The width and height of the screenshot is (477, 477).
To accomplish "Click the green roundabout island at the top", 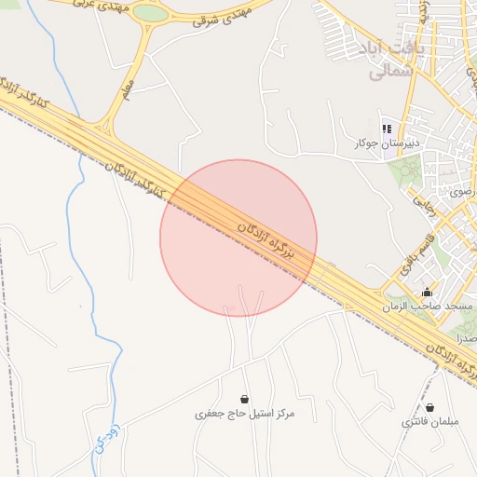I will click(150, 13).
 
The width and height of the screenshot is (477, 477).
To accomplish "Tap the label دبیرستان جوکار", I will click(388, 143).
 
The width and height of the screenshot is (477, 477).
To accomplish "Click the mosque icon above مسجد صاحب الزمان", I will click(428, 292).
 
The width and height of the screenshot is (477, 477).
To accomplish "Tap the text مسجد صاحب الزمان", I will click(428, 307).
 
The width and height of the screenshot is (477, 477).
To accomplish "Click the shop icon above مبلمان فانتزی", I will click(429, 407).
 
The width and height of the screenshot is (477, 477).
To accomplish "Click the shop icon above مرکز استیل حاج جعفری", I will click(244, 399).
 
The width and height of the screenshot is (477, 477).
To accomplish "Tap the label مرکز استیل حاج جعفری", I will click(244, 413).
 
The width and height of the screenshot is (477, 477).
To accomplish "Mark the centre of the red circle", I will click(238, 238).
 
